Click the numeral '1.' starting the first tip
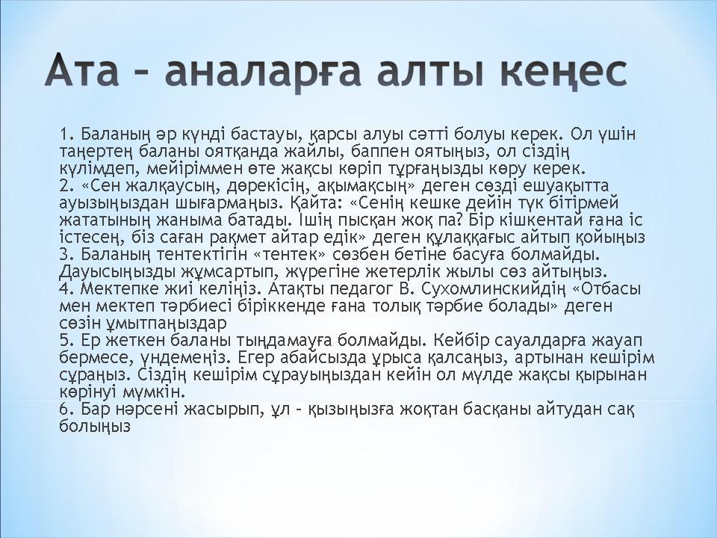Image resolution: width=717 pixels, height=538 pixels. (x=66, y=134)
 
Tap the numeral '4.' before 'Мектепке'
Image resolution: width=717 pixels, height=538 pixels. (x=66, y=288)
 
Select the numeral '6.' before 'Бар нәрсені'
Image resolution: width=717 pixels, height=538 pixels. (x=66, y=409)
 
